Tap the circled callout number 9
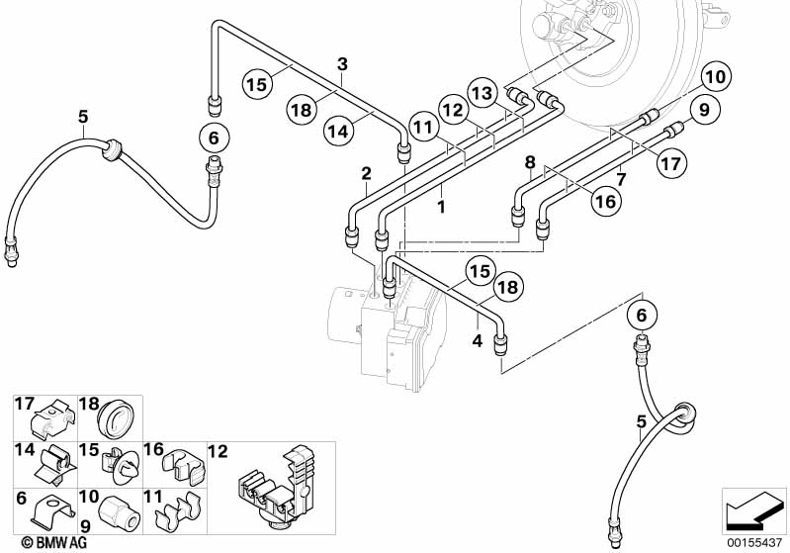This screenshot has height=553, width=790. point(699,111)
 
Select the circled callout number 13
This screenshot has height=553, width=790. point(481,91)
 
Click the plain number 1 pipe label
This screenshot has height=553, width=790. point(441,208)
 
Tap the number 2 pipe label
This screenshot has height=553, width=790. point(366,174)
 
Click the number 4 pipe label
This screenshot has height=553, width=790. point(478,341)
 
